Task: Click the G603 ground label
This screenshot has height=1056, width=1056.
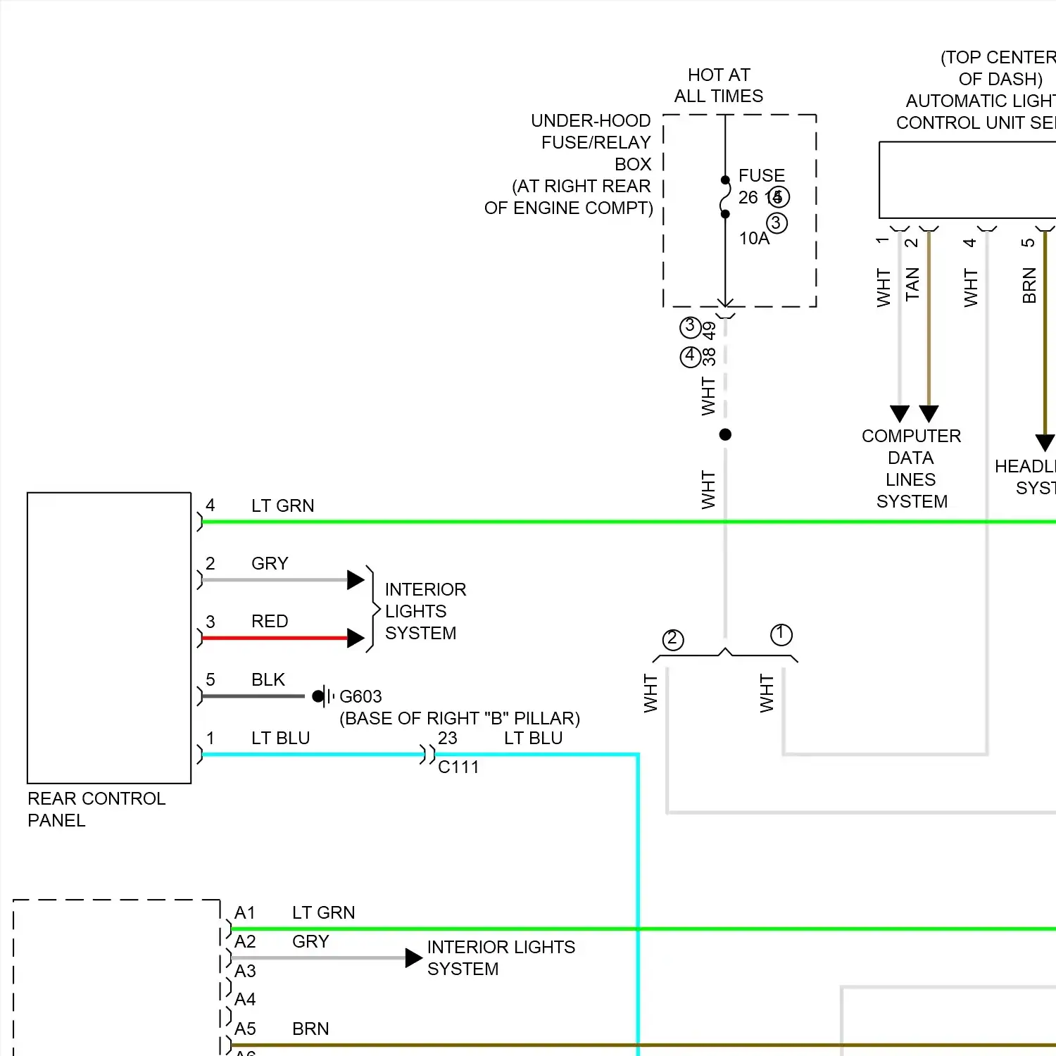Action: click(x=360, y=696)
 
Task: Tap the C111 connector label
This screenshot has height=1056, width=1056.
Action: click(x=458, y=767)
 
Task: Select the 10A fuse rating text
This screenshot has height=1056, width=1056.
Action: click(x=754, y=239)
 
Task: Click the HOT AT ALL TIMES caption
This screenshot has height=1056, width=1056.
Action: click(x=719, y=85)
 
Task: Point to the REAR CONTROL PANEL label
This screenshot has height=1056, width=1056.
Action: click(x=96, y=809)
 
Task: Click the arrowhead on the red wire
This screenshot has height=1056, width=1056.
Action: click(x=356, y=638)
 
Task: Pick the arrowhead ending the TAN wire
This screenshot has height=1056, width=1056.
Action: click(x=929, y=413)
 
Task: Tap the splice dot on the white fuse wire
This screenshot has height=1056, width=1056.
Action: click(x=725, y=434)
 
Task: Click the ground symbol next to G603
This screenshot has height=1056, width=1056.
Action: click(x=322, y=696)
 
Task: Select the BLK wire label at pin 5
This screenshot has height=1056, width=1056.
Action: click(x=268, y=679)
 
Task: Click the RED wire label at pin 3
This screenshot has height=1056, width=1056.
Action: click(x=270, y=621)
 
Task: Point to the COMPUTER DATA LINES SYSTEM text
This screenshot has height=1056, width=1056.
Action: click(x=912, y=468)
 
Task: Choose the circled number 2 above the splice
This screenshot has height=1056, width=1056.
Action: click(x=672, y=639)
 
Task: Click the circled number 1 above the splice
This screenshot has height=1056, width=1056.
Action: click(x=781, y=634)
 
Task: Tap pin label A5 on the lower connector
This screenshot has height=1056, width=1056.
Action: click(x=245, y=1029)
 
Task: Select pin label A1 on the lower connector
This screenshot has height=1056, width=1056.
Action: click(x=245, y=912)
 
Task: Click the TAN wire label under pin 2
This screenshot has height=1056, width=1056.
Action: click(x=912, y=284)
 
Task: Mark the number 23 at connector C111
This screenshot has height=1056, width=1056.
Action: click(x=448, y=738)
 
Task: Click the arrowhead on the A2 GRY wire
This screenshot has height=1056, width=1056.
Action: click(x=414, y=957)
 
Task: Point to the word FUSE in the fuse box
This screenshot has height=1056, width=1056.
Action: click(x=762, y=175)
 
